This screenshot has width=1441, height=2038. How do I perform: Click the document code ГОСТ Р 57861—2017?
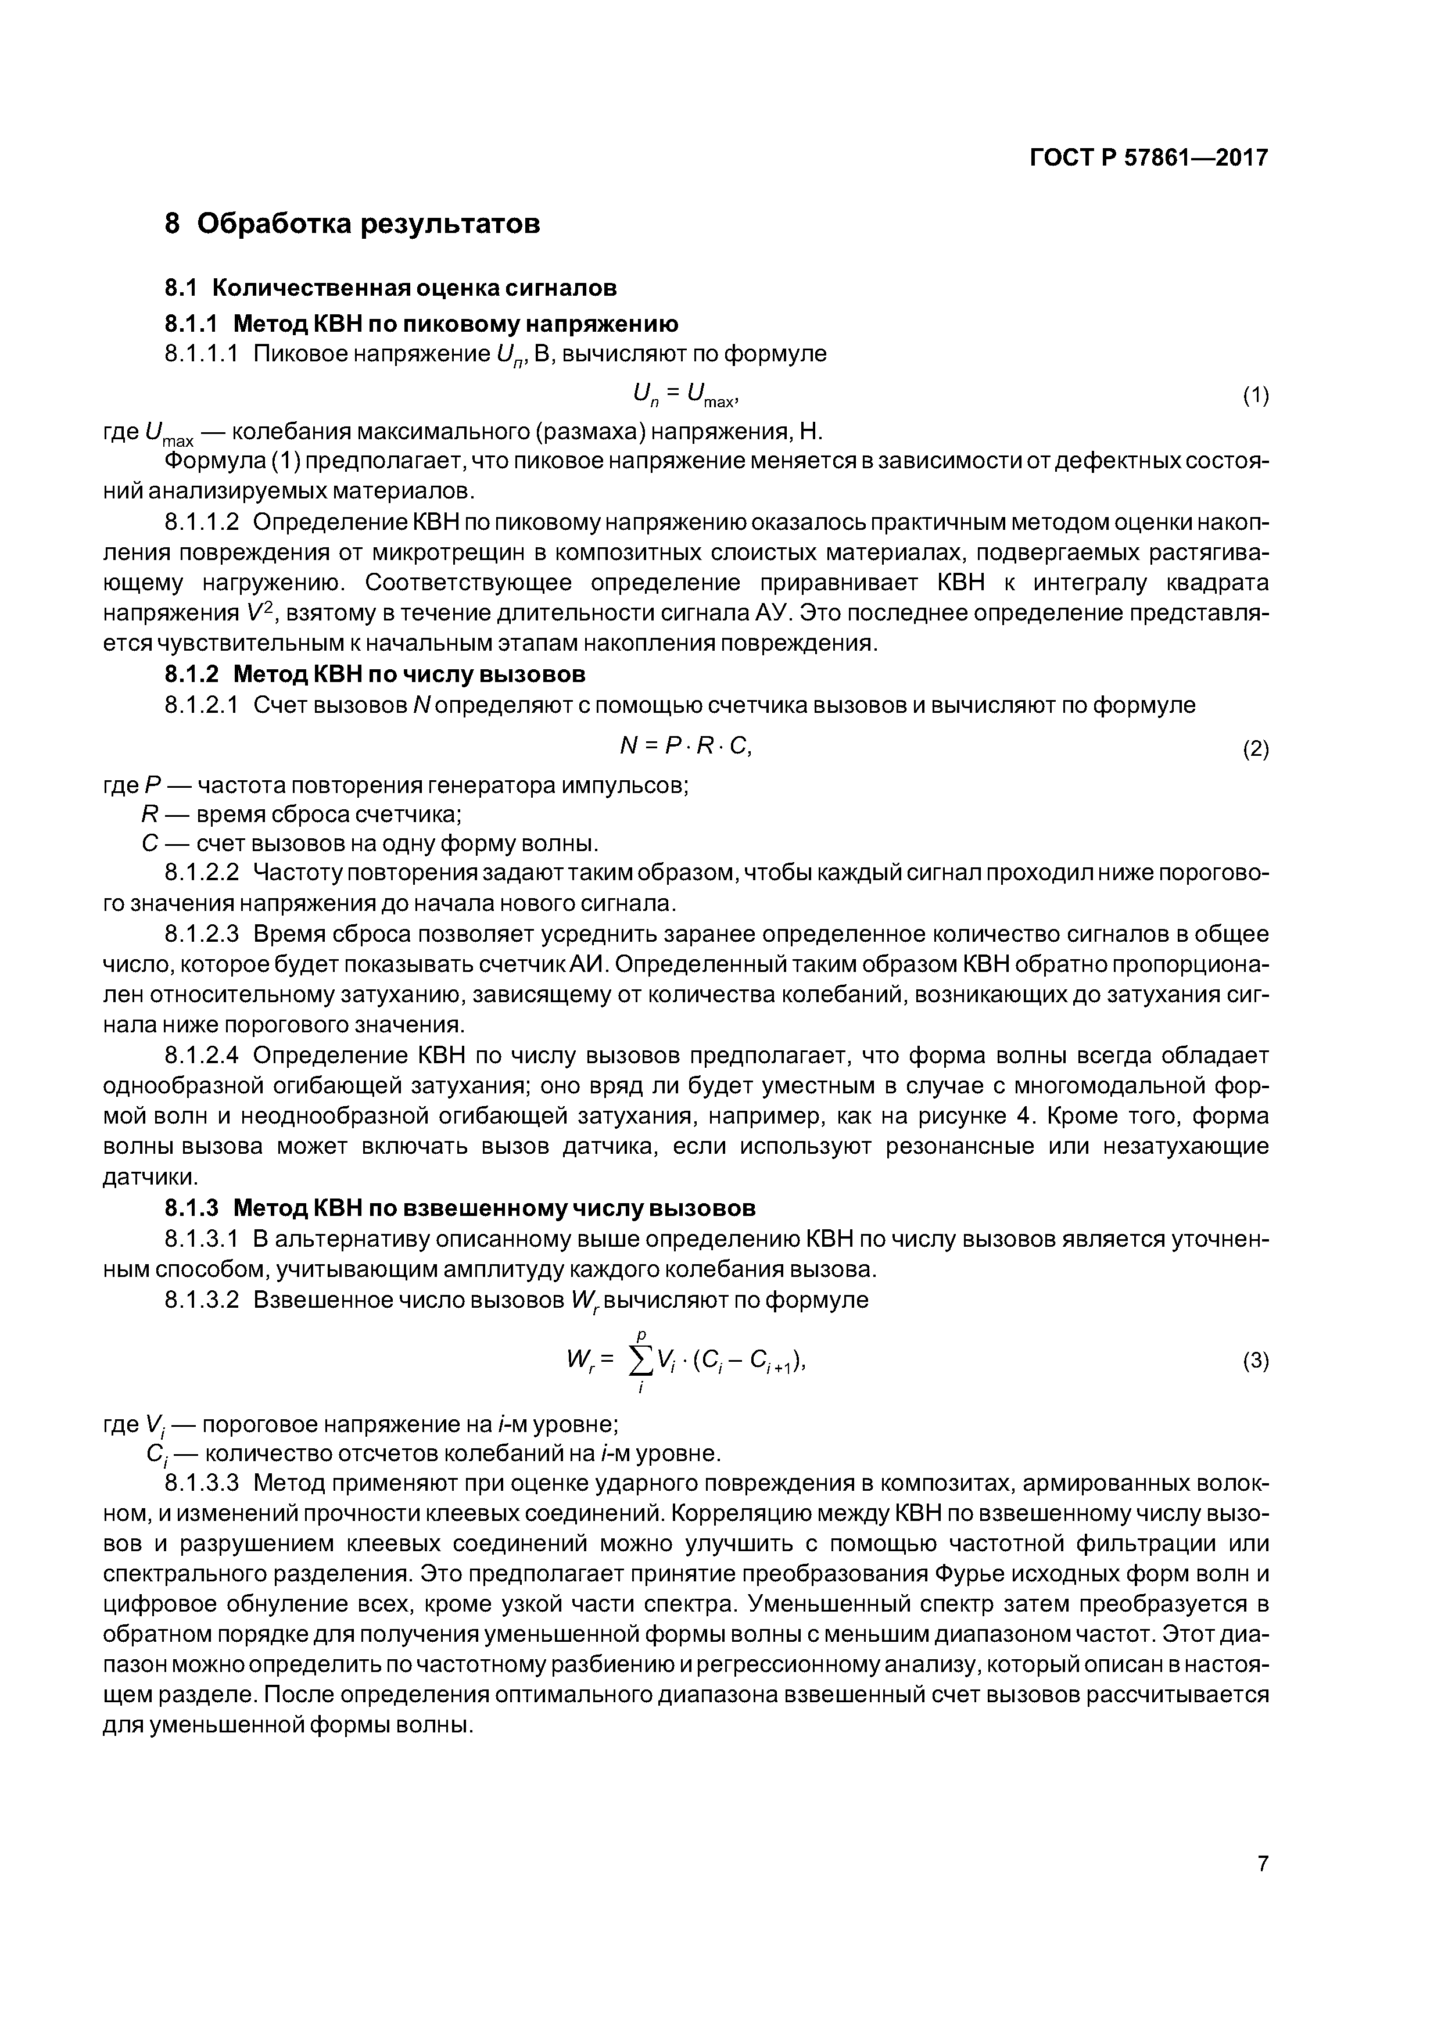1148,158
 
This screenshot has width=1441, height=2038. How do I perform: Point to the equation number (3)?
1254,1361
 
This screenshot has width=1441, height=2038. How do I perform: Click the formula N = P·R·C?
686,747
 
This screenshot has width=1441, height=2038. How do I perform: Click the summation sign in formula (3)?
639,1358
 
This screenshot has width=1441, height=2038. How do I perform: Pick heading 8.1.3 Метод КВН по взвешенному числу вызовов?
460,1208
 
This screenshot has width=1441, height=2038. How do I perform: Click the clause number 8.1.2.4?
202,1056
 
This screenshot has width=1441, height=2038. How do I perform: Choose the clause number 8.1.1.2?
202,522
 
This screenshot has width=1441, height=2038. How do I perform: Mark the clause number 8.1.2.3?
202,934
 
